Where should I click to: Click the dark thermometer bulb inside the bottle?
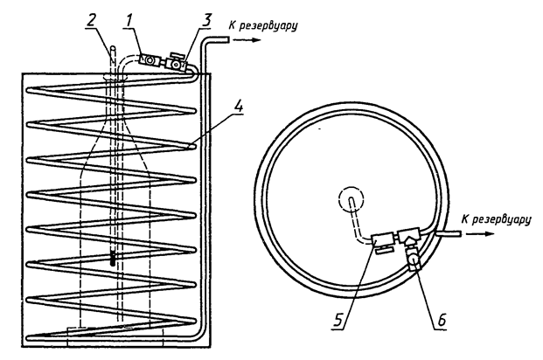point(115,259)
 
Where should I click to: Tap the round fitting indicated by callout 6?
point(414,259)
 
